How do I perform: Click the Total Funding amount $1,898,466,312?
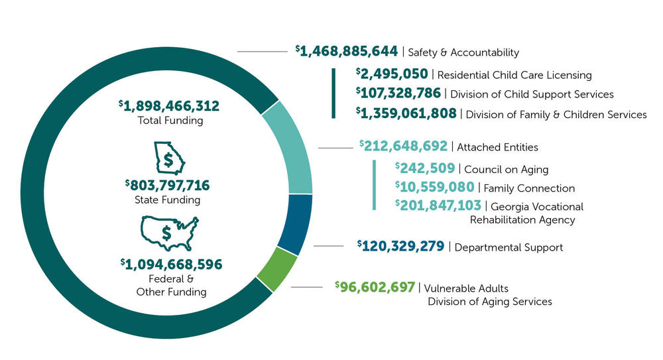pos(169,106)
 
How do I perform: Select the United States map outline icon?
pos(169,231)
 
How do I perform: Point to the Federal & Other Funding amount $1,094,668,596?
pos(171,265)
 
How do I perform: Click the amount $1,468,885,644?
pos(346,51)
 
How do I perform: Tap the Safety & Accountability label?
pos(463,52)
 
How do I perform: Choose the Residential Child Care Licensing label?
pos(514,75)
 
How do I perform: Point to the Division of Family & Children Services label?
pos(556,115)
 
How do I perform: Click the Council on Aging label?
pos(506,170)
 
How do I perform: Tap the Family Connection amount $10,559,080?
pos(434,188)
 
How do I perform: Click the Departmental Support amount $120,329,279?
pos(400,247)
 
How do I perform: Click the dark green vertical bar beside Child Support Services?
pos(333,93)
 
